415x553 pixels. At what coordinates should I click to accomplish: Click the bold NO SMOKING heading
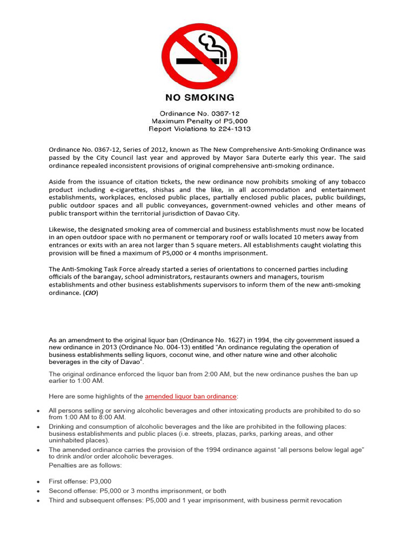(x=199, y=98)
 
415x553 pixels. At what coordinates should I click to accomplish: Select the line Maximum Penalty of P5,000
(x=199, y=122)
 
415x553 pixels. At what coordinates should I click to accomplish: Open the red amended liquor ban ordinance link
(x=191, y=396)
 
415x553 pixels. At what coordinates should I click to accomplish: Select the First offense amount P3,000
(x=101, y=481)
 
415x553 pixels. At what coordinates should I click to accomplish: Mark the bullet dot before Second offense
(x=37, y=491)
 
